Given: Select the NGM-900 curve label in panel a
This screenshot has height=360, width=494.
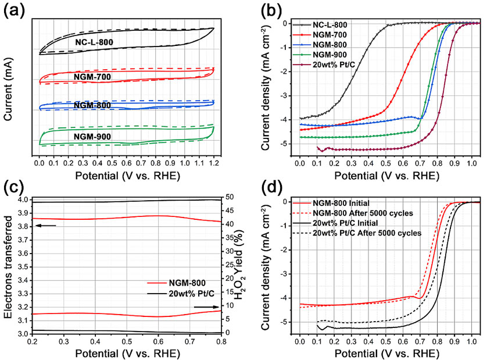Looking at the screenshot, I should tap(93, 137).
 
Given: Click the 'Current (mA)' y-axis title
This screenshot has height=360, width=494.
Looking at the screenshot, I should tap(9, 88).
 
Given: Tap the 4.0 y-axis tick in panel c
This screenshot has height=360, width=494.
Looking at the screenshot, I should tap(22, 199).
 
